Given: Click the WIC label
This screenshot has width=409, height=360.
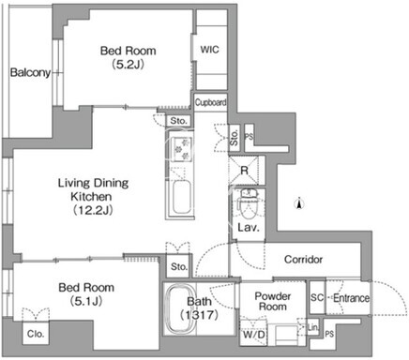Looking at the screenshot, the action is click(209, 50).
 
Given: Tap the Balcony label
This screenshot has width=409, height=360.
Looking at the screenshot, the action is click(30, 72).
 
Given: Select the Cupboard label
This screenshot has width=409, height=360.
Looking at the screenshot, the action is click(211, 102).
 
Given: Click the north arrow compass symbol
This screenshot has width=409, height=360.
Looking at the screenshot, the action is click(299, 203).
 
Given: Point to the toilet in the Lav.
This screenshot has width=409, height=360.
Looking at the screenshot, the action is click(249, 203).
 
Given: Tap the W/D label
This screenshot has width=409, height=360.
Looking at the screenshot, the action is click(254, 335).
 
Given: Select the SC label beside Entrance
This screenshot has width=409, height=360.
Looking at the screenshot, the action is click(317, 297).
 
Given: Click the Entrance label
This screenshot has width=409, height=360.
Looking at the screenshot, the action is click(351, 298).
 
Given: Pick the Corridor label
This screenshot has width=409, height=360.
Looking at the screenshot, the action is click(303, 259).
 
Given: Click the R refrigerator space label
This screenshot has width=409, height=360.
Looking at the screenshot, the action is click(244, 171).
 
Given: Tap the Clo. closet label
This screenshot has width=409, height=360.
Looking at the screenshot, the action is click(36, 334).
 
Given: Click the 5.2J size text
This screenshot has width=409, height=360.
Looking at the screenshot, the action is click(128, 65).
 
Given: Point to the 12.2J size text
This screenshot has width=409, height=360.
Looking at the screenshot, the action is click(93, 210).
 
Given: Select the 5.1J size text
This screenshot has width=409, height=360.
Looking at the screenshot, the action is click(86, 301).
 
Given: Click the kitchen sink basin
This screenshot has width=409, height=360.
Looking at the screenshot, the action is click(181, 197).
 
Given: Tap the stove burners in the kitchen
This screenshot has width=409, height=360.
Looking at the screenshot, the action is click(182, 149).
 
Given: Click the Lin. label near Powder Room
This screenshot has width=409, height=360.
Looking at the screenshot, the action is click(313, 327).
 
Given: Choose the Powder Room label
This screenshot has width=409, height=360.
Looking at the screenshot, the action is click(273, 301).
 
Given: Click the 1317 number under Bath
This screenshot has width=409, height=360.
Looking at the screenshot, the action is click(200, 314).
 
